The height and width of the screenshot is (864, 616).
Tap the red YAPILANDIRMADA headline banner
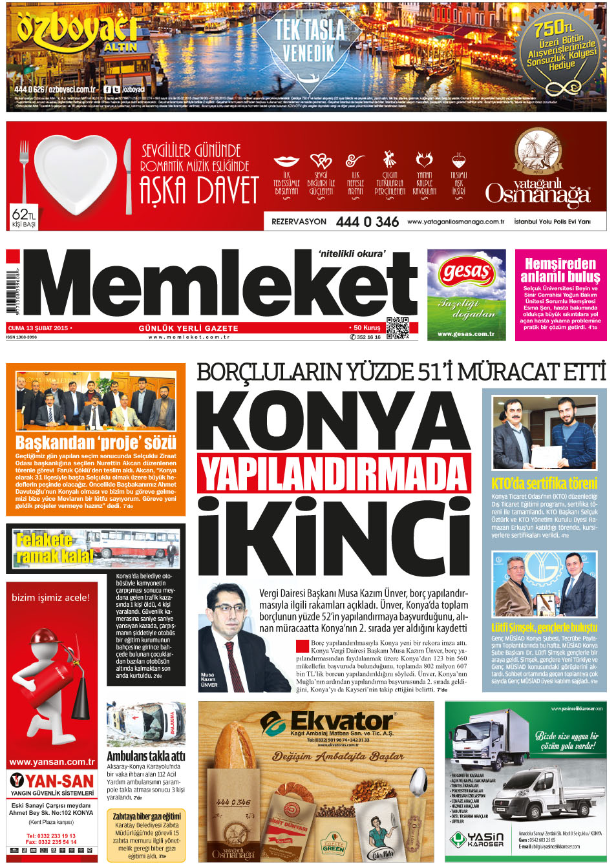click(x=334, y=474)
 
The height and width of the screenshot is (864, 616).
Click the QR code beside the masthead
click(x=397, y=328)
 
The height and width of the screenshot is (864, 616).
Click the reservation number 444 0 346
click(x=367, y=222)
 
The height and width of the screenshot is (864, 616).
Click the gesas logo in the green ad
click(x=465, y=271)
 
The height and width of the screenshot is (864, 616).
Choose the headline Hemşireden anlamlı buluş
click(x=560, y=270)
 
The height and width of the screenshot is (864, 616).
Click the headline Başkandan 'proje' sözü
click(x=96, y=443)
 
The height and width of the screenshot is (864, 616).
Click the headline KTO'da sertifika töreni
click(x=544, y=483)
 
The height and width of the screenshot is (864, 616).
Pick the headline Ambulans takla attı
click(x=145, y=755)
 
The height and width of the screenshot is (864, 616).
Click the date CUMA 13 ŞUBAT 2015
click(x=38, y=328)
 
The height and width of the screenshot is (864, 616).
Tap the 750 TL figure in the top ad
click(x=553, y=28)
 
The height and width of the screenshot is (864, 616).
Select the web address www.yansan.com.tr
click(x=52, y=762)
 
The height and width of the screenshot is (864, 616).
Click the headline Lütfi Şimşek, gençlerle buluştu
click(x=544, y=627)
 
